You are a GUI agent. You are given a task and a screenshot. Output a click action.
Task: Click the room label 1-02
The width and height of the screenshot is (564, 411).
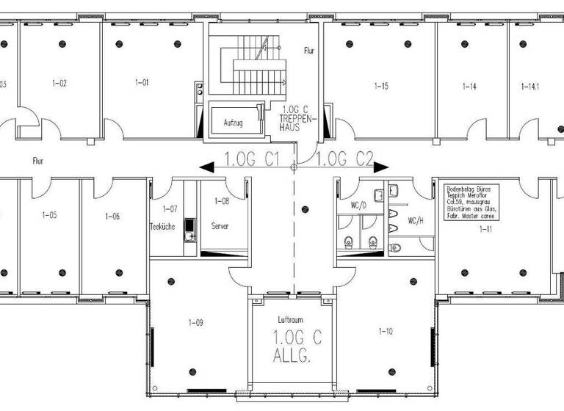click(x=59, y=83)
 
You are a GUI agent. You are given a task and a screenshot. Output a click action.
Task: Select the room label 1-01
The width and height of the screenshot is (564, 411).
click(x=142, y=83)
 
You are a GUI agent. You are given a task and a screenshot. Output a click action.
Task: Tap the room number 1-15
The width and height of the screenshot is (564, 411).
click(x=381, y=87)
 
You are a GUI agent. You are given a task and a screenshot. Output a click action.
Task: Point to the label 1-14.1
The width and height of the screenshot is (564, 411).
click(x=530, y=87)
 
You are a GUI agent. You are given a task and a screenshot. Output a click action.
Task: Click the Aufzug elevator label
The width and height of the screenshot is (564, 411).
click(x=233, y=123)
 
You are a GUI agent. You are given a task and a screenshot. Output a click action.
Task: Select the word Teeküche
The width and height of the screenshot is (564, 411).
click(x=162, y=227)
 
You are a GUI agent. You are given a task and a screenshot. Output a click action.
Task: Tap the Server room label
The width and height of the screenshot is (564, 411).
click(x=220, y=227)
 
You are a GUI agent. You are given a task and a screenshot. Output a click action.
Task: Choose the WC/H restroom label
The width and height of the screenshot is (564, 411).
click(x=415, y=219)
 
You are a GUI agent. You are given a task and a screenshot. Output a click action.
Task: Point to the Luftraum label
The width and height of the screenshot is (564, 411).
click(x=291, y=320)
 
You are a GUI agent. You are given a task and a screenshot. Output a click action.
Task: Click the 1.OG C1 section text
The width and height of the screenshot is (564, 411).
click(x=250, y=159)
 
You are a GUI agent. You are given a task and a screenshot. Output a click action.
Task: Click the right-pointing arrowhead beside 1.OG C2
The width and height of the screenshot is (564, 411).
click(x=382, y=167)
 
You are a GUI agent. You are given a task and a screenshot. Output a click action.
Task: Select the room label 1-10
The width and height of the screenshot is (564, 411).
click(x=384, y=332)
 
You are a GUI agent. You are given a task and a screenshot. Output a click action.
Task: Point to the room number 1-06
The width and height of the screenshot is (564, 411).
click(x=112, y=217)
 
